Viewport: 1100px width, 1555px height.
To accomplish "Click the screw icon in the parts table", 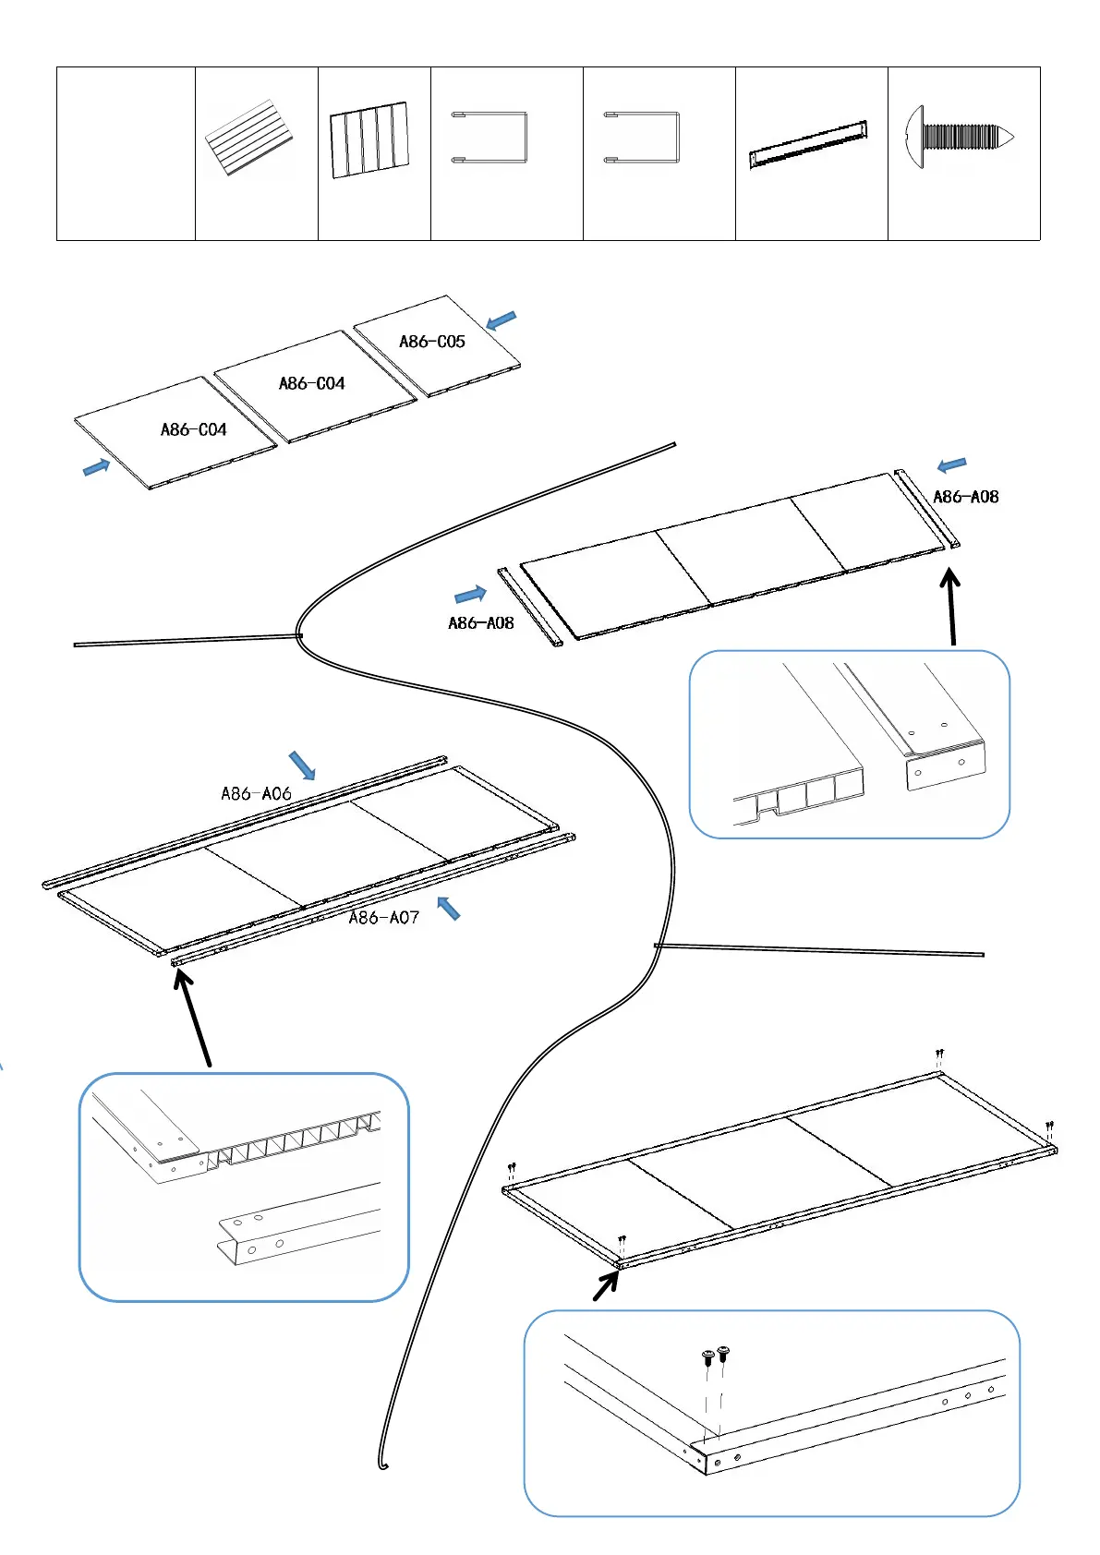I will click(961, 139).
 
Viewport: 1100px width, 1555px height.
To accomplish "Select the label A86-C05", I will click(431, 342).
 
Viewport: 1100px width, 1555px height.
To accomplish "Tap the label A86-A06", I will click(256, 793).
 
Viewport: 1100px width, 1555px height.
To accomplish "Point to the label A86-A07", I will click(383, 917).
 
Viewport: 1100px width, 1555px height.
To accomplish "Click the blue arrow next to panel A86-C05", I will click(501, 320).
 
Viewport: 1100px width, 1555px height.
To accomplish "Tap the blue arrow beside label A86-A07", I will click(448, 908).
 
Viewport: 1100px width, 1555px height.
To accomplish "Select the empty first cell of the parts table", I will click(126, 153).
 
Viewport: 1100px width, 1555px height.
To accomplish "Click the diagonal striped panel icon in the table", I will click(248, 139).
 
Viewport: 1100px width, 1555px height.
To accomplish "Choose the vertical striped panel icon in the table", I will click(369, 139).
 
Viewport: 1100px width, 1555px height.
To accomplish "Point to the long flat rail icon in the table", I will click(808, 145).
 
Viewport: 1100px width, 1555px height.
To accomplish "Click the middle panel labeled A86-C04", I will click(311, 383).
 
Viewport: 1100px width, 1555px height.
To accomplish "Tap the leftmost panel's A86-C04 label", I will click(193, 429).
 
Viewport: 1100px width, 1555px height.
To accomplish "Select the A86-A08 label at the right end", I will click(965, 497).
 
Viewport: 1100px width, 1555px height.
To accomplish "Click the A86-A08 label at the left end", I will click(480, 623).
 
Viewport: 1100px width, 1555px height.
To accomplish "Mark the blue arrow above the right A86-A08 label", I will click(951, 464).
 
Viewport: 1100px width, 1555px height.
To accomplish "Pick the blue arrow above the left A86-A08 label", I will click(470, 594).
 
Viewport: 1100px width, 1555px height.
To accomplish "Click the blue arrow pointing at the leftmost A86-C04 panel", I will click(96, 467).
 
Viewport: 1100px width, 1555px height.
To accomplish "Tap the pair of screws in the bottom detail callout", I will click(716, 1356).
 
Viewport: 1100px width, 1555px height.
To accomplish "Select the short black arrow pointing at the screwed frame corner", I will click(606, 1284).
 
